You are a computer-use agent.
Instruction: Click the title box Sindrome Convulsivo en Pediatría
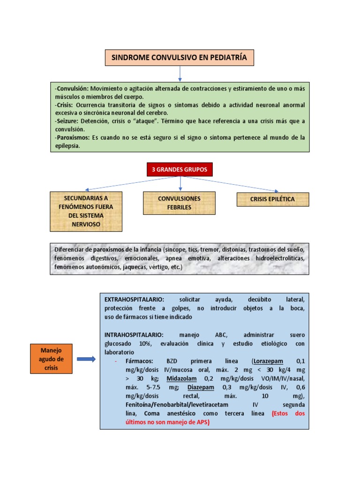(179, 58)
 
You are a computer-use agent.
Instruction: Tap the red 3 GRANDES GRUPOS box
(180, 170)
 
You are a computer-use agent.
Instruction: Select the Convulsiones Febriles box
(179, 203)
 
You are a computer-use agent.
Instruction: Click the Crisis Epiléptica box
(272, 199)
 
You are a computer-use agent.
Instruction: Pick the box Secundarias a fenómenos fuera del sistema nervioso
(86, 211)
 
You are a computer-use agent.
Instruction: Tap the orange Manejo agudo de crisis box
(51, 359)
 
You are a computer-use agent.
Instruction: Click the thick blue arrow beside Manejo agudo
(86, 359)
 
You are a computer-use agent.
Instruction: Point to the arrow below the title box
(180, 74)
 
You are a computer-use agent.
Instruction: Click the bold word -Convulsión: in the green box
(72, 89)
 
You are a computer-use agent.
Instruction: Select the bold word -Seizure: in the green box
(68, 121)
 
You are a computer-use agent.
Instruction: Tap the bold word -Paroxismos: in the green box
(73, 137)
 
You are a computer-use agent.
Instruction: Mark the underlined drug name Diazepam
(201, 387)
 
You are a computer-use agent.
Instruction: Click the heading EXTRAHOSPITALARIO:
(134, 299)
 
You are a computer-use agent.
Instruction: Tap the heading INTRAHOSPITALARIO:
(134, 335)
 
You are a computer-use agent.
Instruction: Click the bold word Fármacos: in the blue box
(139, 361)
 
